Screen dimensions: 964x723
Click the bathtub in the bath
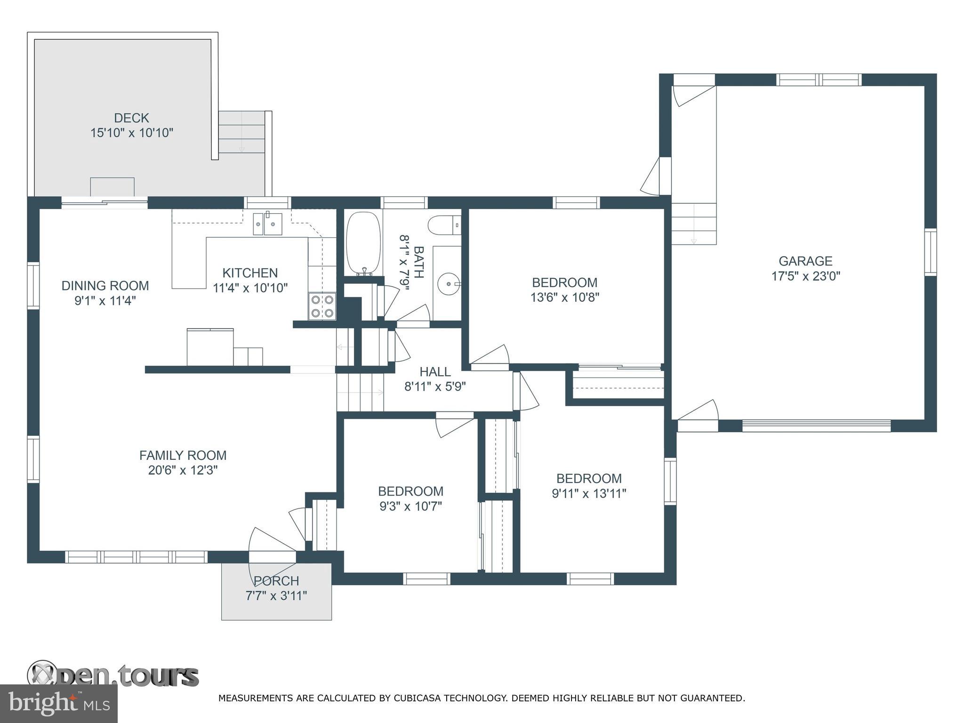363,243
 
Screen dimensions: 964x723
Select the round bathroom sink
449,284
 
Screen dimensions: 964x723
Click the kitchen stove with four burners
322,306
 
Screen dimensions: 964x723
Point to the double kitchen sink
267,224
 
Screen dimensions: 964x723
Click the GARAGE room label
805,261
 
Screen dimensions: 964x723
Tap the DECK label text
131,118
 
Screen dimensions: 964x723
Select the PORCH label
276,581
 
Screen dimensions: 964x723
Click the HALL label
435,372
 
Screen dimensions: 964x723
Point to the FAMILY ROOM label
183,455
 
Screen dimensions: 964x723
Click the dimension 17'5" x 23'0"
805,276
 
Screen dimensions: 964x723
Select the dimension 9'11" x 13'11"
589,493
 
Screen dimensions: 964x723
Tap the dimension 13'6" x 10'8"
564,297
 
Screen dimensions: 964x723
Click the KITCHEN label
250,273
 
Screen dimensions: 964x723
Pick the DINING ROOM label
105,286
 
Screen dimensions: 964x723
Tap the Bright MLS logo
58,703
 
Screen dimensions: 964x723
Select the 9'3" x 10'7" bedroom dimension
410,506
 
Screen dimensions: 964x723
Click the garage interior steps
693,224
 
